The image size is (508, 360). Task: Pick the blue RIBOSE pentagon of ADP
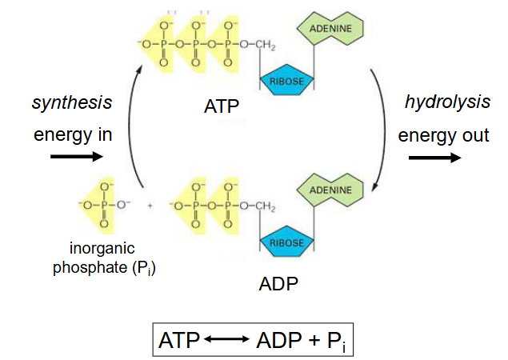tap(286, 242)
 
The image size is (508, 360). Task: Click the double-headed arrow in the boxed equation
tap(227, 340)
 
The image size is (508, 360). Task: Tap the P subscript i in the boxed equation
tap(334, 341)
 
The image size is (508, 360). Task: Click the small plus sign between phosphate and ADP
tap(150, 206)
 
